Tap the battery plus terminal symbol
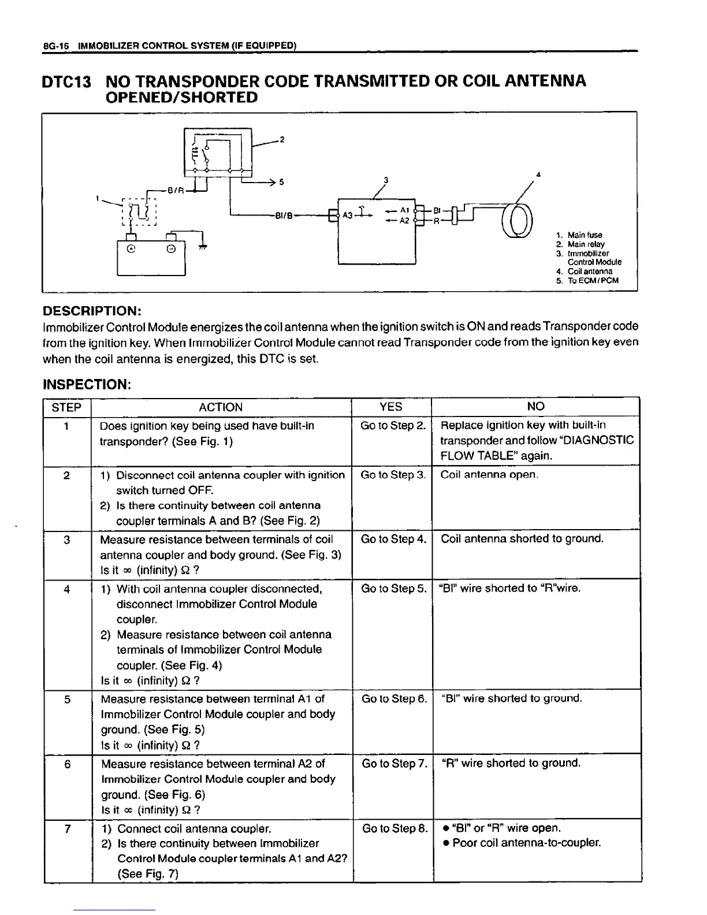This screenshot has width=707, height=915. point(132,250)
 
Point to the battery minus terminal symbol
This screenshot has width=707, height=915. point(172,250)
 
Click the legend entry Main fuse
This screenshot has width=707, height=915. point(585,235)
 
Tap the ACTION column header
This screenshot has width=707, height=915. point(221,407)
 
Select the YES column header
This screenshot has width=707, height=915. point(391,407)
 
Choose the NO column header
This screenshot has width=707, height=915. point(535,407)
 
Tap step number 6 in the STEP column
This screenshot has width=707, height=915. point(67,764)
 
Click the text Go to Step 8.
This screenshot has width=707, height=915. point(395,829)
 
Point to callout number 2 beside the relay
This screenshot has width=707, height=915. point(282,139)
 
